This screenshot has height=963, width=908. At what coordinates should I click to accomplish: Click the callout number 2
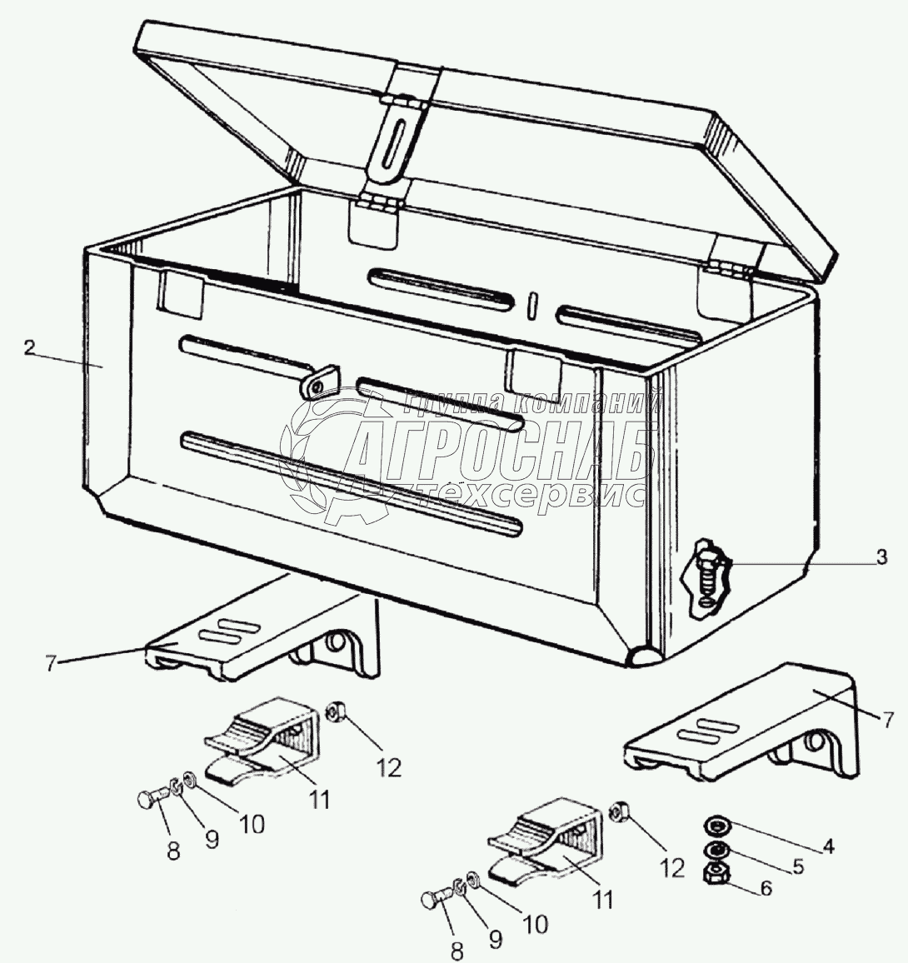click(29, 347)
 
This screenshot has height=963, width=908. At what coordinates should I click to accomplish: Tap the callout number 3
click(881, 557)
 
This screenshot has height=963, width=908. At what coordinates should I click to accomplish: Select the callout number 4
click(828, 846)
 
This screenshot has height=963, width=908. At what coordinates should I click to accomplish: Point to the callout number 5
click(798, 866)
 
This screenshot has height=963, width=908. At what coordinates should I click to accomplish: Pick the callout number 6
click(766, 888)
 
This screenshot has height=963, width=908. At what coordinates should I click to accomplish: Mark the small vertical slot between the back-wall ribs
click(533, 306)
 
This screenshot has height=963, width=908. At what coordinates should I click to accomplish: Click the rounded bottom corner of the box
click(643, 656)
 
